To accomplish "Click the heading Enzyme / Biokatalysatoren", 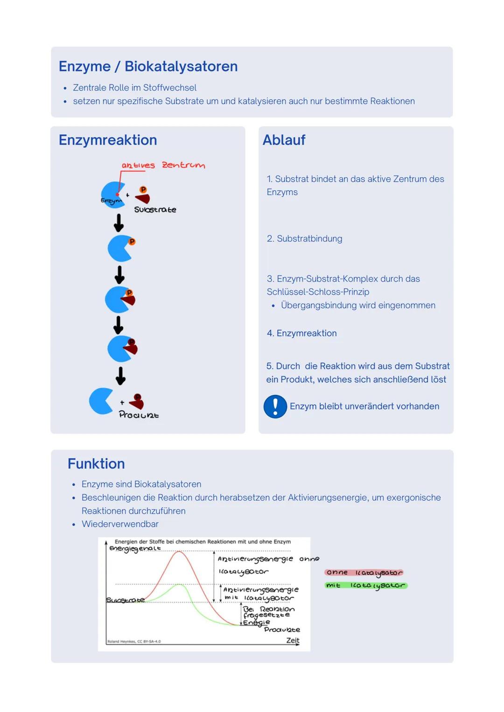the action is pyautogui.click(x=148, y=66).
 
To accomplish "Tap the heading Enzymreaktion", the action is pyautogui.click(x=108, y=140).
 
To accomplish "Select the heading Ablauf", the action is pyautogui.click(x=284, y=140).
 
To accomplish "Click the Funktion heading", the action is pyautogui.click(x=96, y=464).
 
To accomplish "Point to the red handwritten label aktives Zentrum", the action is pyautogui.click(x=163, y=165).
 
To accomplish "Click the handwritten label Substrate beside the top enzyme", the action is pyautogui.click(x=155, y=210).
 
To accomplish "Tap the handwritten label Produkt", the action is pyautogui.click(x=139, y=415).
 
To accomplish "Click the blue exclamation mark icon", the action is pyautogui.click(x=275, y=406).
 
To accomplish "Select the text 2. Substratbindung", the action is pyautogui.click(x=304, y=238).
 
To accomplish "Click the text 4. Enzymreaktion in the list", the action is pyautogui.click(x=301, y=333).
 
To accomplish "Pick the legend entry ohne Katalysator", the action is pyautogui.click(x=364, y=573).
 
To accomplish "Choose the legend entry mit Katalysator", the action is pyautogui.click(x=366, y=585).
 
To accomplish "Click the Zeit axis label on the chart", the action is pyautogui.click(x=293, y=640).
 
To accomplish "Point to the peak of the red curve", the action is pyautogui.click(x=179, y=552).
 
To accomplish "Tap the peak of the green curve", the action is pyautogui.click(x=179, y=584).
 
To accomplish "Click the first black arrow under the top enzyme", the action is pyautogui.click(x=119, y=222).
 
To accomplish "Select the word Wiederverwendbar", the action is pyautogui.click(x=120, y=524).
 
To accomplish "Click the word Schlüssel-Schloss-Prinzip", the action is pyautogui.click(x=318, y=292).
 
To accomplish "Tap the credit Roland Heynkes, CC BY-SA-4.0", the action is pyautogui.click(x=134, y=642).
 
